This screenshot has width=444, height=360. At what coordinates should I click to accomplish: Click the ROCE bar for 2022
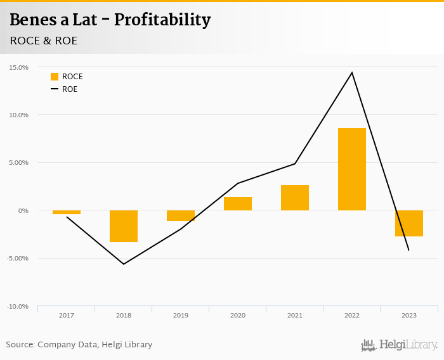pos(352,169)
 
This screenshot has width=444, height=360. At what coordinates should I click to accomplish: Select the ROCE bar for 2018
pos(124,226)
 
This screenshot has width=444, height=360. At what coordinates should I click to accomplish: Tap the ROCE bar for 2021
pos(295,198)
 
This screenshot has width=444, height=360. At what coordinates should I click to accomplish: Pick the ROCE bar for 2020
pos(238,203)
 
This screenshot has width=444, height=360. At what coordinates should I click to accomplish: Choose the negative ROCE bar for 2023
pos(409,223)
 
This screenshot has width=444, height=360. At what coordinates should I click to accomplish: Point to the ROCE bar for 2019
pos(181,215)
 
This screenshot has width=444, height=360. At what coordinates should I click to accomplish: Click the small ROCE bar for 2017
pos(67,212)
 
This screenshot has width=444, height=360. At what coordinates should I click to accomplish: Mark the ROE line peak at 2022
pos(352,72)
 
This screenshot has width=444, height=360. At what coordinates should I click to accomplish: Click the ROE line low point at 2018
pos(124,264)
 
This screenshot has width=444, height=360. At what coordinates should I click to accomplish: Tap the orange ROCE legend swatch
pos(55,77)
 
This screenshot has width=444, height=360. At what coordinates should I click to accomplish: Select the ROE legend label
pos(70,89)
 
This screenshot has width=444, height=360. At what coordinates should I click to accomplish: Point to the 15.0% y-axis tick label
pos(18,67)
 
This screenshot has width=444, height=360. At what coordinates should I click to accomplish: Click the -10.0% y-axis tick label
pos(18,306)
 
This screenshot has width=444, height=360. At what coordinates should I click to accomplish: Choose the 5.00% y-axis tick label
pos(18,163)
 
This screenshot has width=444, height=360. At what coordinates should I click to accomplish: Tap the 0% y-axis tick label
pos(23,210)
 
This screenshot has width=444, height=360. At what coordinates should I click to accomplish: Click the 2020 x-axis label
pos(238,315)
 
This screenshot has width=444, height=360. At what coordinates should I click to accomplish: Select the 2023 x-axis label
pos(409,315)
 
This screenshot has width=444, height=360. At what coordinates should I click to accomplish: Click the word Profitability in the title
pos(162,20)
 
